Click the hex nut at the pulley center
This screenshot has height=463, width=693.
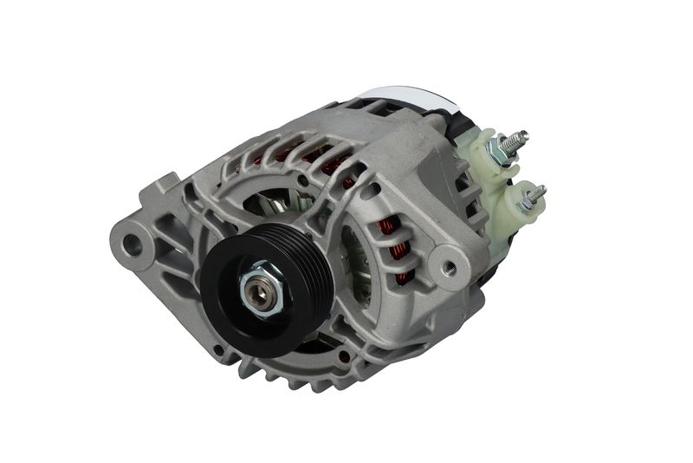[260, 292]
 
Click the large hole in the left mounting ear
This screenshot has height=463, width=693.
[132, 244]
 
